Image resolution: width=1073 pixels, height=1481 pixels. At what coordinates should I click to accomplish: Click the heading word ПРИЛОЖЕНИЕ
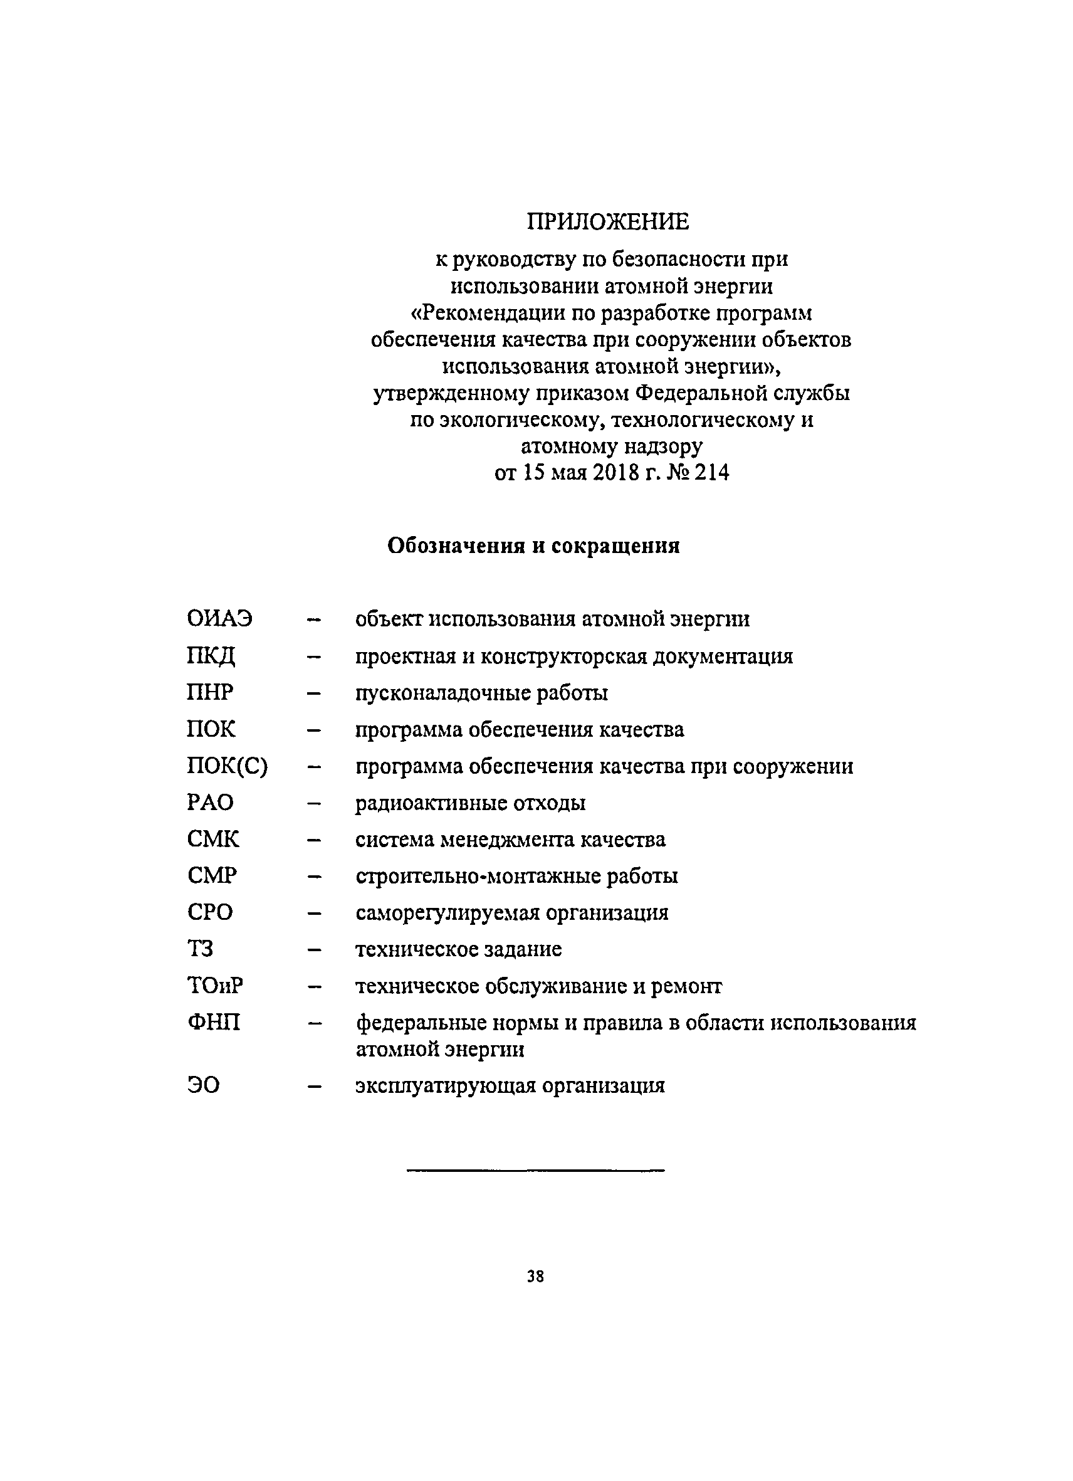(608, 222)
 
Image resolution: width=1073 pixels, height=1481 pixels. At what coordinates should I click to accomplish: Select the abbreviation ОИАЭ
(219, 618)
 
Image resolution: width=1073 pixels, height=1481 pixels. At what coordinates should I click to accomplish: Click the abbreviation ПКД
(210, 656)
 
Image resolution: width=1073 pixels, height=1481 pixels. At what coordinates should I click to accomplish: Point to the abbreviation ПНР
(209, 692)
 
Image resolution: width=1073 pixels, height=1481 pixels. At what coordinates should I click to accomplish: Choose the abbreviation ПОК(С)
(227, 766)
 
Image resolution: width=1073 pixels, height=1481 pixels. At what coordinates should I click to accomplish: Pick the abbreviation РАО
(209, 803)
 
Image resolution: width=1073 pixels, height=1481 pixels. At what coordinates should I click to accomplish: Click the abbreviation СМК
(212, 839)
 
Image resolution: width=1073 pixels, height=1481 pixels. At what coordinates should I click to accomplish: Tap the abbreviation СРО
(209, 912)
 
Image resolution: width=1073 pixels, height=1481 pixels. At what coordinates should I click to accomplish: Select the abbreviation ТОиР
(215, 986)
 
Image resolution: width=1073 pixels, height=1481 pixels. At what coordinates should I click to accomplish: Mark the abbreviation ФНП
(214, 1023)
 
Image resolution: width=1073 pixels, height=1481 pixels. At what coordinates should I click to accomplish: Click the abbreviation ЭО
(203, 1086)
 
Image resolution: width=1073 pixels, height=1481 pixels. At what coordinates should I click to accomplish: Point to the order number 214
(711, 473)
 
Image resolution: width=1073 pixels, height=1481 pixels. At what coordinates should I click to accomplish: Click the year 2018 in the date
(616, 473)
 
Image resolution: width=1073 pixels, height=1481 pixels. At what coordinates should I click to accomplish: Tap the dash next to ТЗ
(315, 950)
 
